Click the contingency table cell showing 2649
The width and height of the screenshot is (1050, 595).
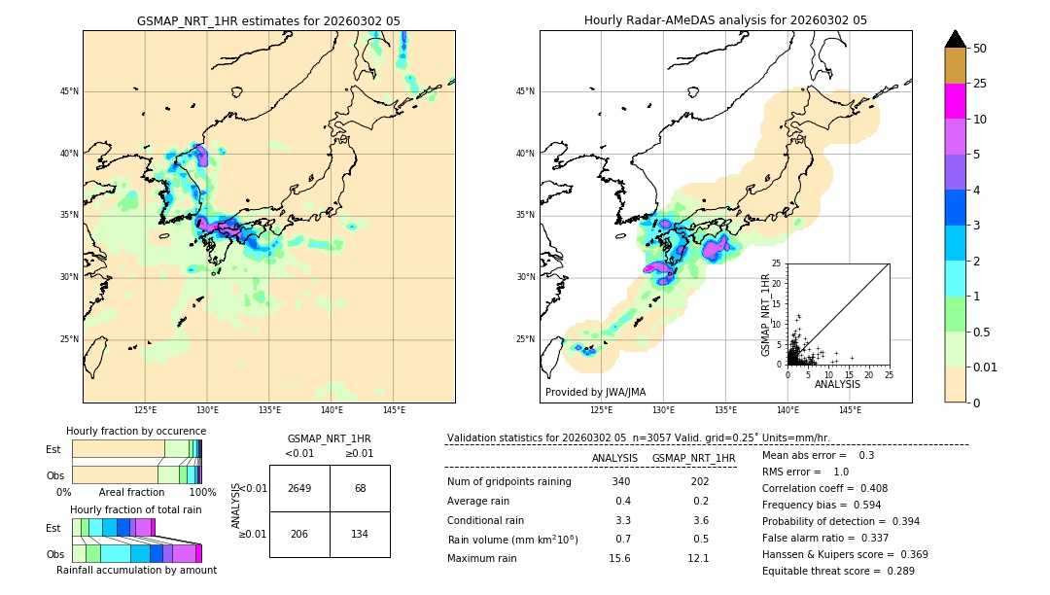pyautogui.click(x=299, y=488)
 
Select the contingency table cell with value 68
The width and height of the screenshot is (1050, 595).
pyautogui.click(x=360, y=488)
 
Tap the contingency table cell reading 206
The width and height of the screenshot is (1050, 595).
pyautogui.click(x=299, y=535)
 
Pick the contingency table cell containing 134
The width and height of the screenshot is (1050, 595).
pyautogui.click(x=360, y=535)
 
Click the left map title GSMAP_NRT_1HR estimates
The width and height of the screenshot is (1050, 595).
pyautogui.click(x=268, y=20)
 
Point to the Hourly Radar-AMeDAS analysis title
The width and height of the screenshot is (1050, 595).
pyautogui.click(x=725, y=20)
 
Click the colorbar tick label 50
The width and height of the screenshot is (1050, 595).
pyautogui.click(x=981, y=49)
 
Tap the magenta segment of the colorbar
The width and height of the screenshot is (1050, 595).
pyautogui.click(x=956, y=101)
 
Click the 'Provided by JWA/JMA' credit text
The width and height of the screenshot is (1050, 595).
pyautogui.click(x=595, y=393)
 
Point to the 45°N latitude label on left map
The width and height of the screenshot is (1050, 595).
pyautogui.click(x=69, y=91)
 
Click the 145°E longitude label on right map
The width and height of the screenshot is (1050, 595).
pyautogui.click(x=850, y=410)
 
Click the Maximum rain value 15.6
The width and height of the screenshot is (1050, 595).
pyautogui.click(x=620, y=558)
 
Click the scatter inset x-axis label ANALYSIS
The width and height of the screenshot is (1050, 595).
pyautogui.click(x=837, y=384)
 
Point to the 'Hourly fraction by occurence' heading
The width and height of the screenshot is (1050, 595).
pyautogui.click(x=136, y=431)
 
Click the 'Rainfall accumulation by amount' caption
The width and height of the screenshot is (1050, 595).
pyautogui.click(x=136, y=570)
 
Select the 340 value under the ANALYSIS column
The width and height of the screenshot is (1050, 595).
pyautogui.click(x=620, y=481)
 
